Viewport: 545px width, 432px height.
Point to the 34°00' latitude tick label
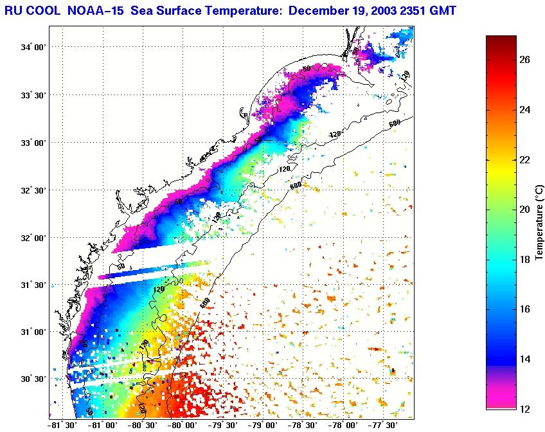coord(33,48)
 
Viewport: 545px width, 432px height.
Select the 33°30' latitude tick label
coord(33,95)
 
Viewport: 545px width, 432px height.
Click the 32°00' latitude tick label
coord(33,238)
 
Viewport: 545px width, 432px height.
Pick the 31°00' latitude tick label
coord(33,332)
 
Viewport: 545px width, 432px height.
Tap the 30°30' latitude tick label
coord(33,379)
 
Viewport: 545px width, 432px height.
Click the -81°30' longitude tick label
coord(62,425)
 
